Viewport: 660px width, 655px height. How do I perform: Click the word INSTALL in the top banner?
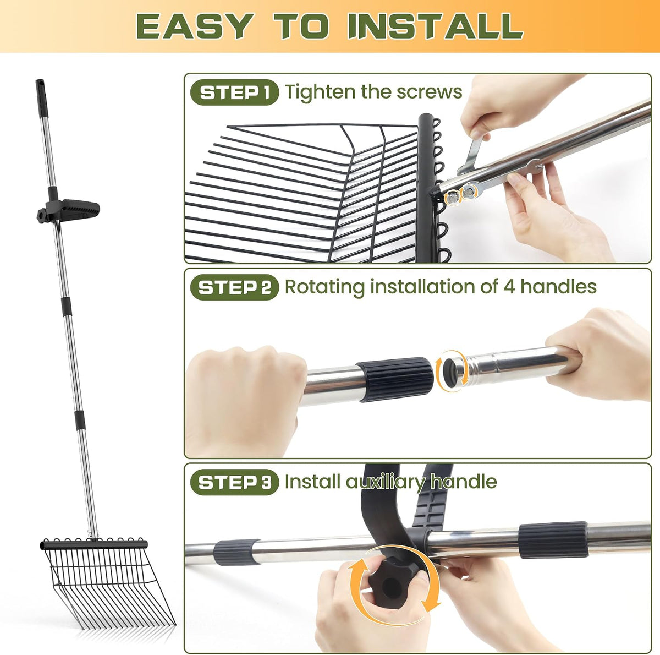pos(435,26)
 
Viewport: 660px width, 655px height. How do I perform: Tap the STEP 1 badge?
pos(235,92)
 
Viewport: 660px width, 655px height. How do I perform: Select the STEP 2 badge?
pos(235,287)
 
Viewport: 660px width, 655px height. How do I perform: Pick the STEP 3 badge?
pos(235,482)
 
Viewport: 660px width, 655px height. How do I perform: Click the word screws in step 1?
pos(429,92)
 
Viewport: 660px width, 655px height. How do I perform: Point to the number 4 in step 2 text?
pos(509,287)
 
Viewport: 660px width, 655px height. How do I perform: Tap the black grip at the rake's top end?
pos(41,99)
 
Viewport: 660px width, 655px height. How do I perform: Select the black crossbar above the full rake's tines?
pos(94,544)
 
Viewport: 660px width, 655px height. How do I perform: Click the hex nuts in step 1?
pos(459,194)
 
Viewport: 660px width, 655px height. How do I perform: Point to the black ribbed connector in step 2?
pos(394,379)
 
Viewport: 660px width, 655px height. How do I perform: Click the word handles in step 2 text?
pos(558,287)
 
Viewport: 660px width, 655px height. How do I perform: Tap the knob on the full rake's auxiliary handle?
pos(42,216)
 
